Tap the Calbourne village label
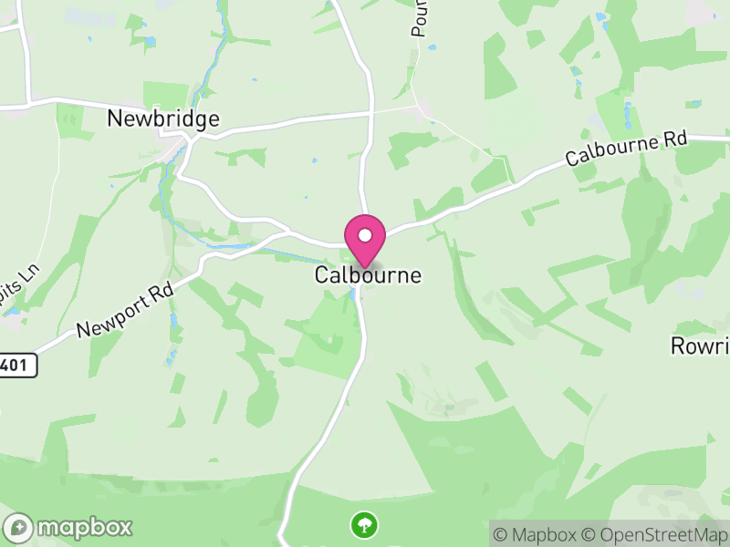[369, 274]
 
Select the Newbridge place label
[163, 119]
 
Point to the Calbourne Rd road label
[626, 147]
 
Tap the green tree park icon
[364, 524]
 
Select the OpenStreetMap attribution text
[659, 534]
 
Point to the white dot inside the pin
[365, 235]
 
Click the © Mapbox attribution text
[538, 534]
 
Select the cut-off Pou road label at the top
[420, 18]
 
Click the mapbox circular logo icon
[18, 527]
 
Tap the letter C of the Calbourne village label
[322, 274]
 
